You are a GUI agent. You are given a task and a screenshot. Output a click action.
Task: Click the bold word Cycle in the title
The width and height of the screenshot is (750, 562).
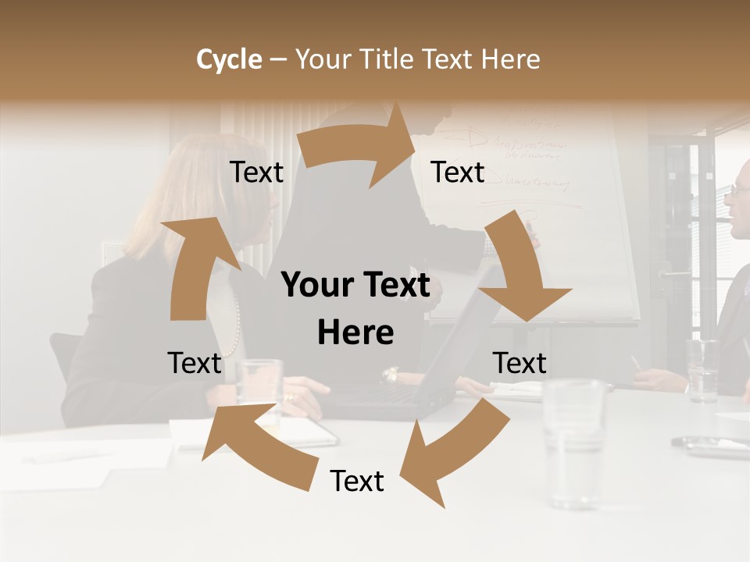229,59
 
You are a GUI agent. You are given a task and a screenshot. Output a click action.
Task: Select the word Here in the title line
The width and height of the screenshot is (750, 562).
510,59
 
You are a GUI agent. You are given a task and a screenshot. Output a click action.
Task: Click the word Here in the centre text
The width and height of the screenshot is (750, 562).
355,333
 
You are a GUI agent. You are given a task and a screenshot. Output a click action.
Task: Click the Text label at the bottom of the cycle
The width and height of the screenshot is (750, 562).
357,482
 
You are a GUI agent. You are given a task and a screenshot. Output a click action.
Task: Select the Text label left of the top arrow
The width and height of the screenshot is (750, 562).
256,173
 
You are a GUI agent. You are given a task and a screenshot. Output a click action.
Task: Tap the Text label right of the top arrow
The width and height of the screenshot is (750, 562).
458,173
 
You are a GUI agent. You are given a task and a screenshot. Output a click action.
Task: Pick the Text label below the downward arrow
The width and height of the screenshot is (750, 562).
520,363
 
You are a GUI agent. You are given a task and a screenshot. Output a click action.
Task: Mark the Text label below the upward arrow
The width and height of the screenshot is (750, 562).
195,363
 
